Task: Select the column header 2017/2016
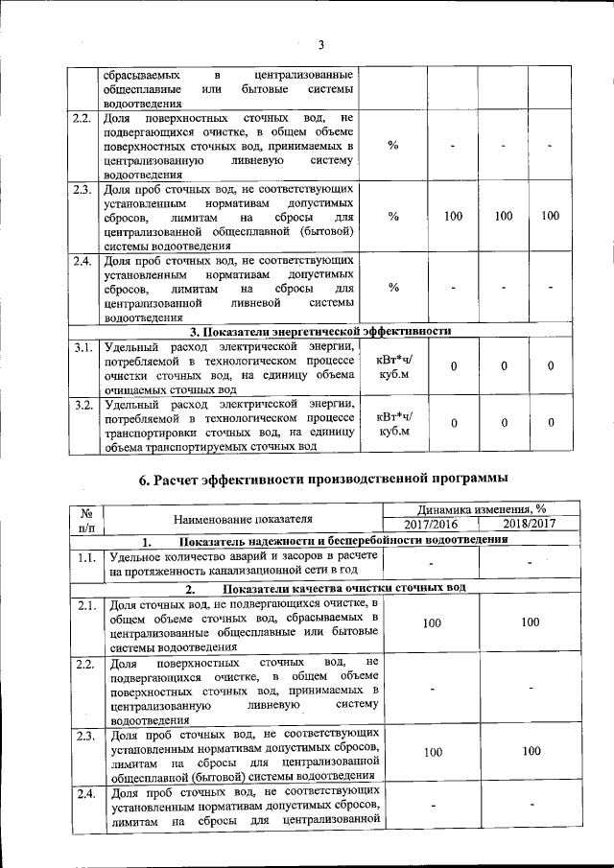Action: tap(432, 525)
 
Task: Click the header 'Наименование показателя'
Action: tap(244, 518)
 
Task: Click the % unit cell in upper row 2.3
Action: tap(393, 216)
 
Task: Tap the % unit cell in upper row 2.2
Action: tap(393, 145)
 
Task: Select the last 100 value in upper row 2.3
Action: tap(550, 216)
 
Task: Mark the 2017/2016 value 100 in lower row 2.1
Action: tap(432, 623)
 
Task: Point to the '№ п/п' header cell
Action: tap(86, 518)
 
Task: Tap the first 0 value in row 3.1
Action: tap(454, 366)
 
